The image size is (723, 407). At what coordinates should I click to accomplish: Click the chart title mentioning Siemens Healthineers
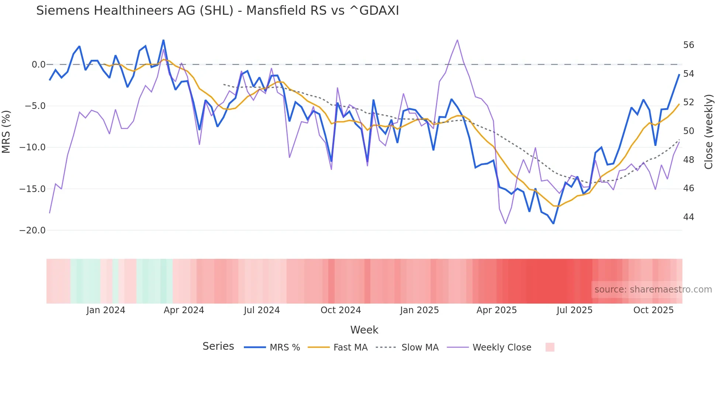[x=217, y=11]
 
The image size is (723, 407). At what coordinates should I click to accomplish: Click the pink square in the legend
[x=550, y=347]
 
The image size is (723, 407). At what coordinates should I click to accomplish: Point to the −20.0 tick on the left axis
[x=32, y=230]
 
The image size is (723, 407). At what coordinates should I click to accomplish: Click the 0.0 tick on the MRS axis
[x=38, y=65]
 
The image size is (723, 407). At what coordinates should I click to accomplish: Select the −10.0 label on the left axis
[x=32, y=147]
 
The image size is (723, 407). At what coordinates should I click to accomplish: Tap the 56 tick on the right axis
[x=688, y=45]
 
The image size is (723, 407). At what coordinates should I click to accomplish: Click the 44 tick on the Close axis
[x=688, y=217]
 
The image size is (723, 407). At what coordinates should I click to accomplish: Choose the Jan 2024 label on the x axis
[x=106, y=310]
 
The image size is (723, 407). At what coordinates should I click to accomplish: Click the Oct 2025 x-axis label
[x=653, y=310]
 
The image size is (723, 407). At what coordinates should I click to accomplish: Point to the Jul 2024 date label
[x=262, y=310]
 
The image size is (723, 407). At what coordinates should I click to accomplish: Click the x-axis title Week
[x=364, y=330]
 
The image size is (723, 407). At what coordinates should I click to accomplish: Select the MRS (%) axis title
[x=6, y=131]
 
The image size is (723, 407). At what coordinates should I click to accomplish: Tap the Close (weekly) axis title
[x=709, y=131]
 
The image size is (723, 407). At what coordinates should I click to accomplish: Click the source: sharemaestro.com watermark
[x=653, y=290]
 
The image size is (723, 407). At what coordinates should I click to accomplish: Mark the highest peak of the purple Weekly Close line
[x=457, y=40]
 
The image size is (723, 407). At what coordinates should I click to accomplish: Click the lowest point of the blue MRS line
[x=553, y=223]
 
